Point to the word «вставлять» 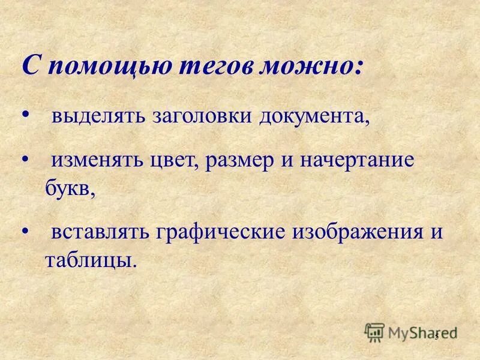click(x=100, y=232)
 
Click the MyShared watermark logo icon click(x=374, y=331)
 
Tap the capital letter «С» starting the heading click(x=31, y=65)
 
